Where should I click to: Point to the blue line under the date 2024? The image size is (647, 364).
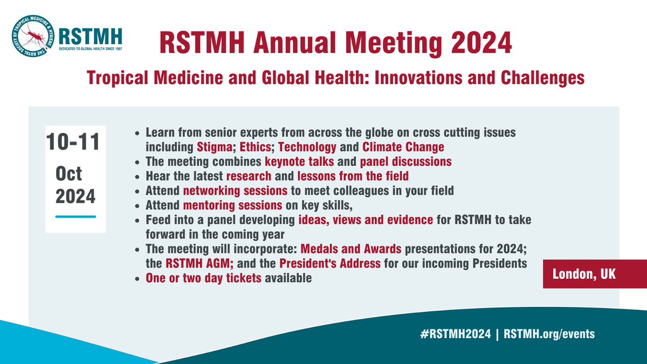click(x=76, y=217)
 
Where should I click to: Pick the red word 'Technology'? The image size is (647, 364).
click(x=308, y=147)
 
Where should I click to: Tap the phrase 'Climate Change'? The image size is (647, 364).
click(x=403, y=147)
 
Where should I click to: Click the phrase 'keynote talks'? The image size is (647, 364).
click(x=299, y=161)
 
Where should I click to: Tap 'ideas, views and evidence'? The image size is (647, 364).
click(x=365, y=221)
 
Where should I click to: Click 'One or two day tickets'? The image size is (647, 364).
click(x=204, y=279)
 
